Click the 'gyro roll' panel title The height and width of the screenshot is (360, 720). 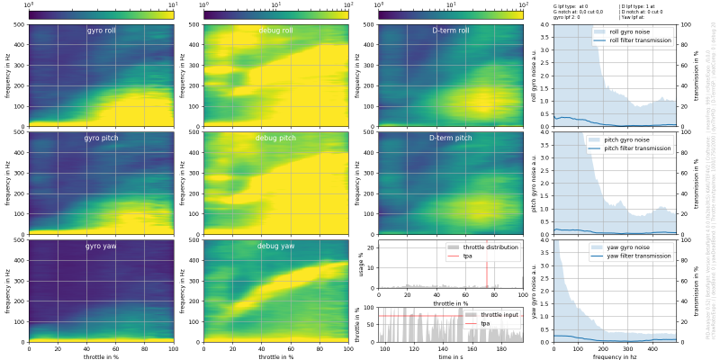[x=102, y=31]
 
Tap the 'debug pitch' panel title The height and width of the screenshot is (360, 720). [x=275, y=139]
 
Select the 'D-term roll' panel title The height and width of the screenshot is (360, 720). [x=450, y=31]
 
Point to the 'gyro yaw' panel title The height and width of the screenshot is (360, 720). [x=102, y=246]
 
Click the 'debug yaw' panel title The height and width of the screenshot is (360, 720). [x=275, y=246]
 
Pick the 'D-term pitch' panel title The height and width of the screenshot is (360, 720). [x=450, y=139]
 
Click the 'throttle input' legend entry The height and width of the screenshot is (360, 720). [x=493, y=314]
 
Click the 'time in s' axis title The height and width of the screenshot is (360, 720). [x=450, y=356]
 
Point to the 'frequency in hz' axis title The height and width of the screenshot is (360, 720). [x=615, y=356]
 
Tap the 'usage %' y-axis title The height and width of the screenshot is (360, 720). [x=361, y=264]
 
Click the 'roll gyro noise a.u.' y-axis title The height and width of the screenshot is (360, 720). [x=535, y=76]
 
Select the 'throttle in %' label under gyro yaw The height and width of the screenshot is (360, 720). [x=101, y=356]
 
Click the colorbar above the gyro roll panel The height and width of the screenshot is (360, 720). [x=101, y=14]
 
